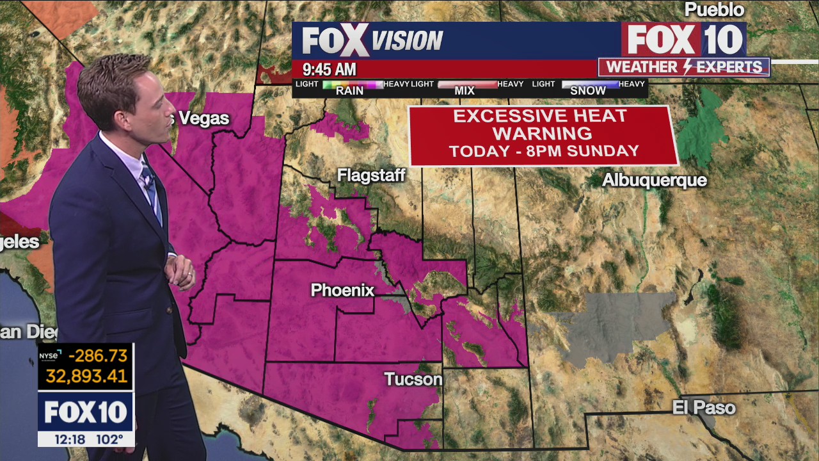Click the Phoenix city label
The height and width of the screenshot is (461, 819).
tap(342, 290)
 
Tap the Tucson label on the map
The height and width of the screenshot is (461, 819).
tap(413, 379)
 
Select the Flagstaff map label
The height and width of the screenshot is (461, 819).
tap(371, 175)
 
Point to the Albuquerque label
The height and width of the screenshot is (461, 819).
tap(654, 181)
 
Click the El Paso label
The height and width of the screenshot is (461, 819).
tap(704, 407)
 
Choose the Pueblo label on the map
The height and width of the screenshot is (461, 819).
tap(714, 10)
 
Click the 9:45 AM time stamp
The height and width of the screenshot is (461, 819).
tap(329, 69)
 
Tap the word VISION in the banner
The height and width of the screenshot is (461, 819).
tap(408, 42)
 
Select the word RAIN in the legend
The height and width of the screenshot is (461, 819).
tap(349, 91)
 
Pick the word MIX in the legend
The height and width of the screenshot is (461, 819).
tap(465, 91)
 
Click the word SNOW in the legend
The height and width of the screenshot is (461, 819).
tap(587, 91)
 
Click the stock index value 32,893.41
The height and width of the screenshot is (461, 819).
tap(86, 376)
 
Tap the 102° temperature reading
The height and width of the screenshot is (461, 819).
tap(109, 439)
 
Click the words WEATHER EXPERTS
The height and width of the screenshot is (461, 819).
tap(684, 67)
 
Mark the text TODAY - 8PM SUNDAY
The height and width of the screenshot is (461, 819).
tap(544, 152)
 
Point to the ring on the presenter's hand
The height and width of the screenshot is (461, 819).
tap(190, 275)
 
